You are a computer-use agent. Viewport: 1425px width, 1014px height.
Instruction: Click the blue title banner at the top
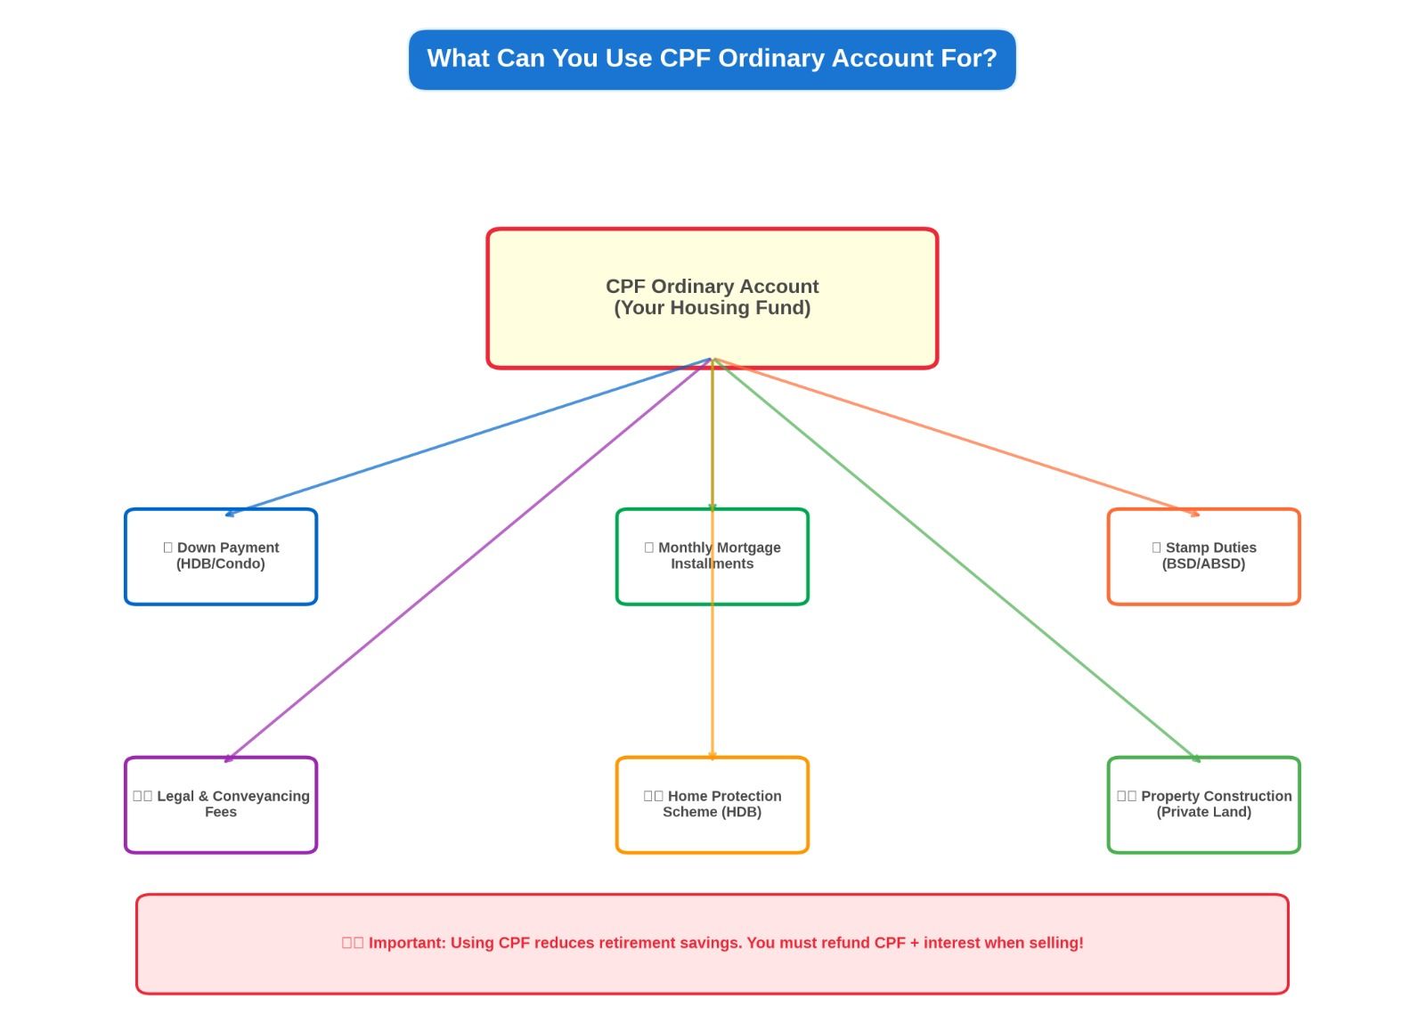click(712, 60)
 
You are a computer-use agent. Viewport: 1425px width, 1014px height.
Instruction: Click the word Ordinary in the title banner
click(770, 59)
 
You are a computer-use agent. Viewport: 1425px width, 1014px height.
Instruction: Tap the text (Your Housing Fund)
click(712, 308)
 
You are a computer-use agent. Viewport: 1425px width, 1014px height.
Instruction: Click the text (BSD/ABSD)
click(1203, 564)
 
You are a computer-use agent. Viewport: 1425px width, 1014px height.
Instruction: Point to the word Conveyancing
click(261, 796)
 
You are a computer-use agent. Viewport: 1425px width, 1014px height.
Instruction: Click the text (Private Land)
click(1203, 812)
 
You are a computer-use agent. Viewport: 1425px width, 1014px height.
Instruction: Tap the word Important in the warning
click(407, 943)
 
